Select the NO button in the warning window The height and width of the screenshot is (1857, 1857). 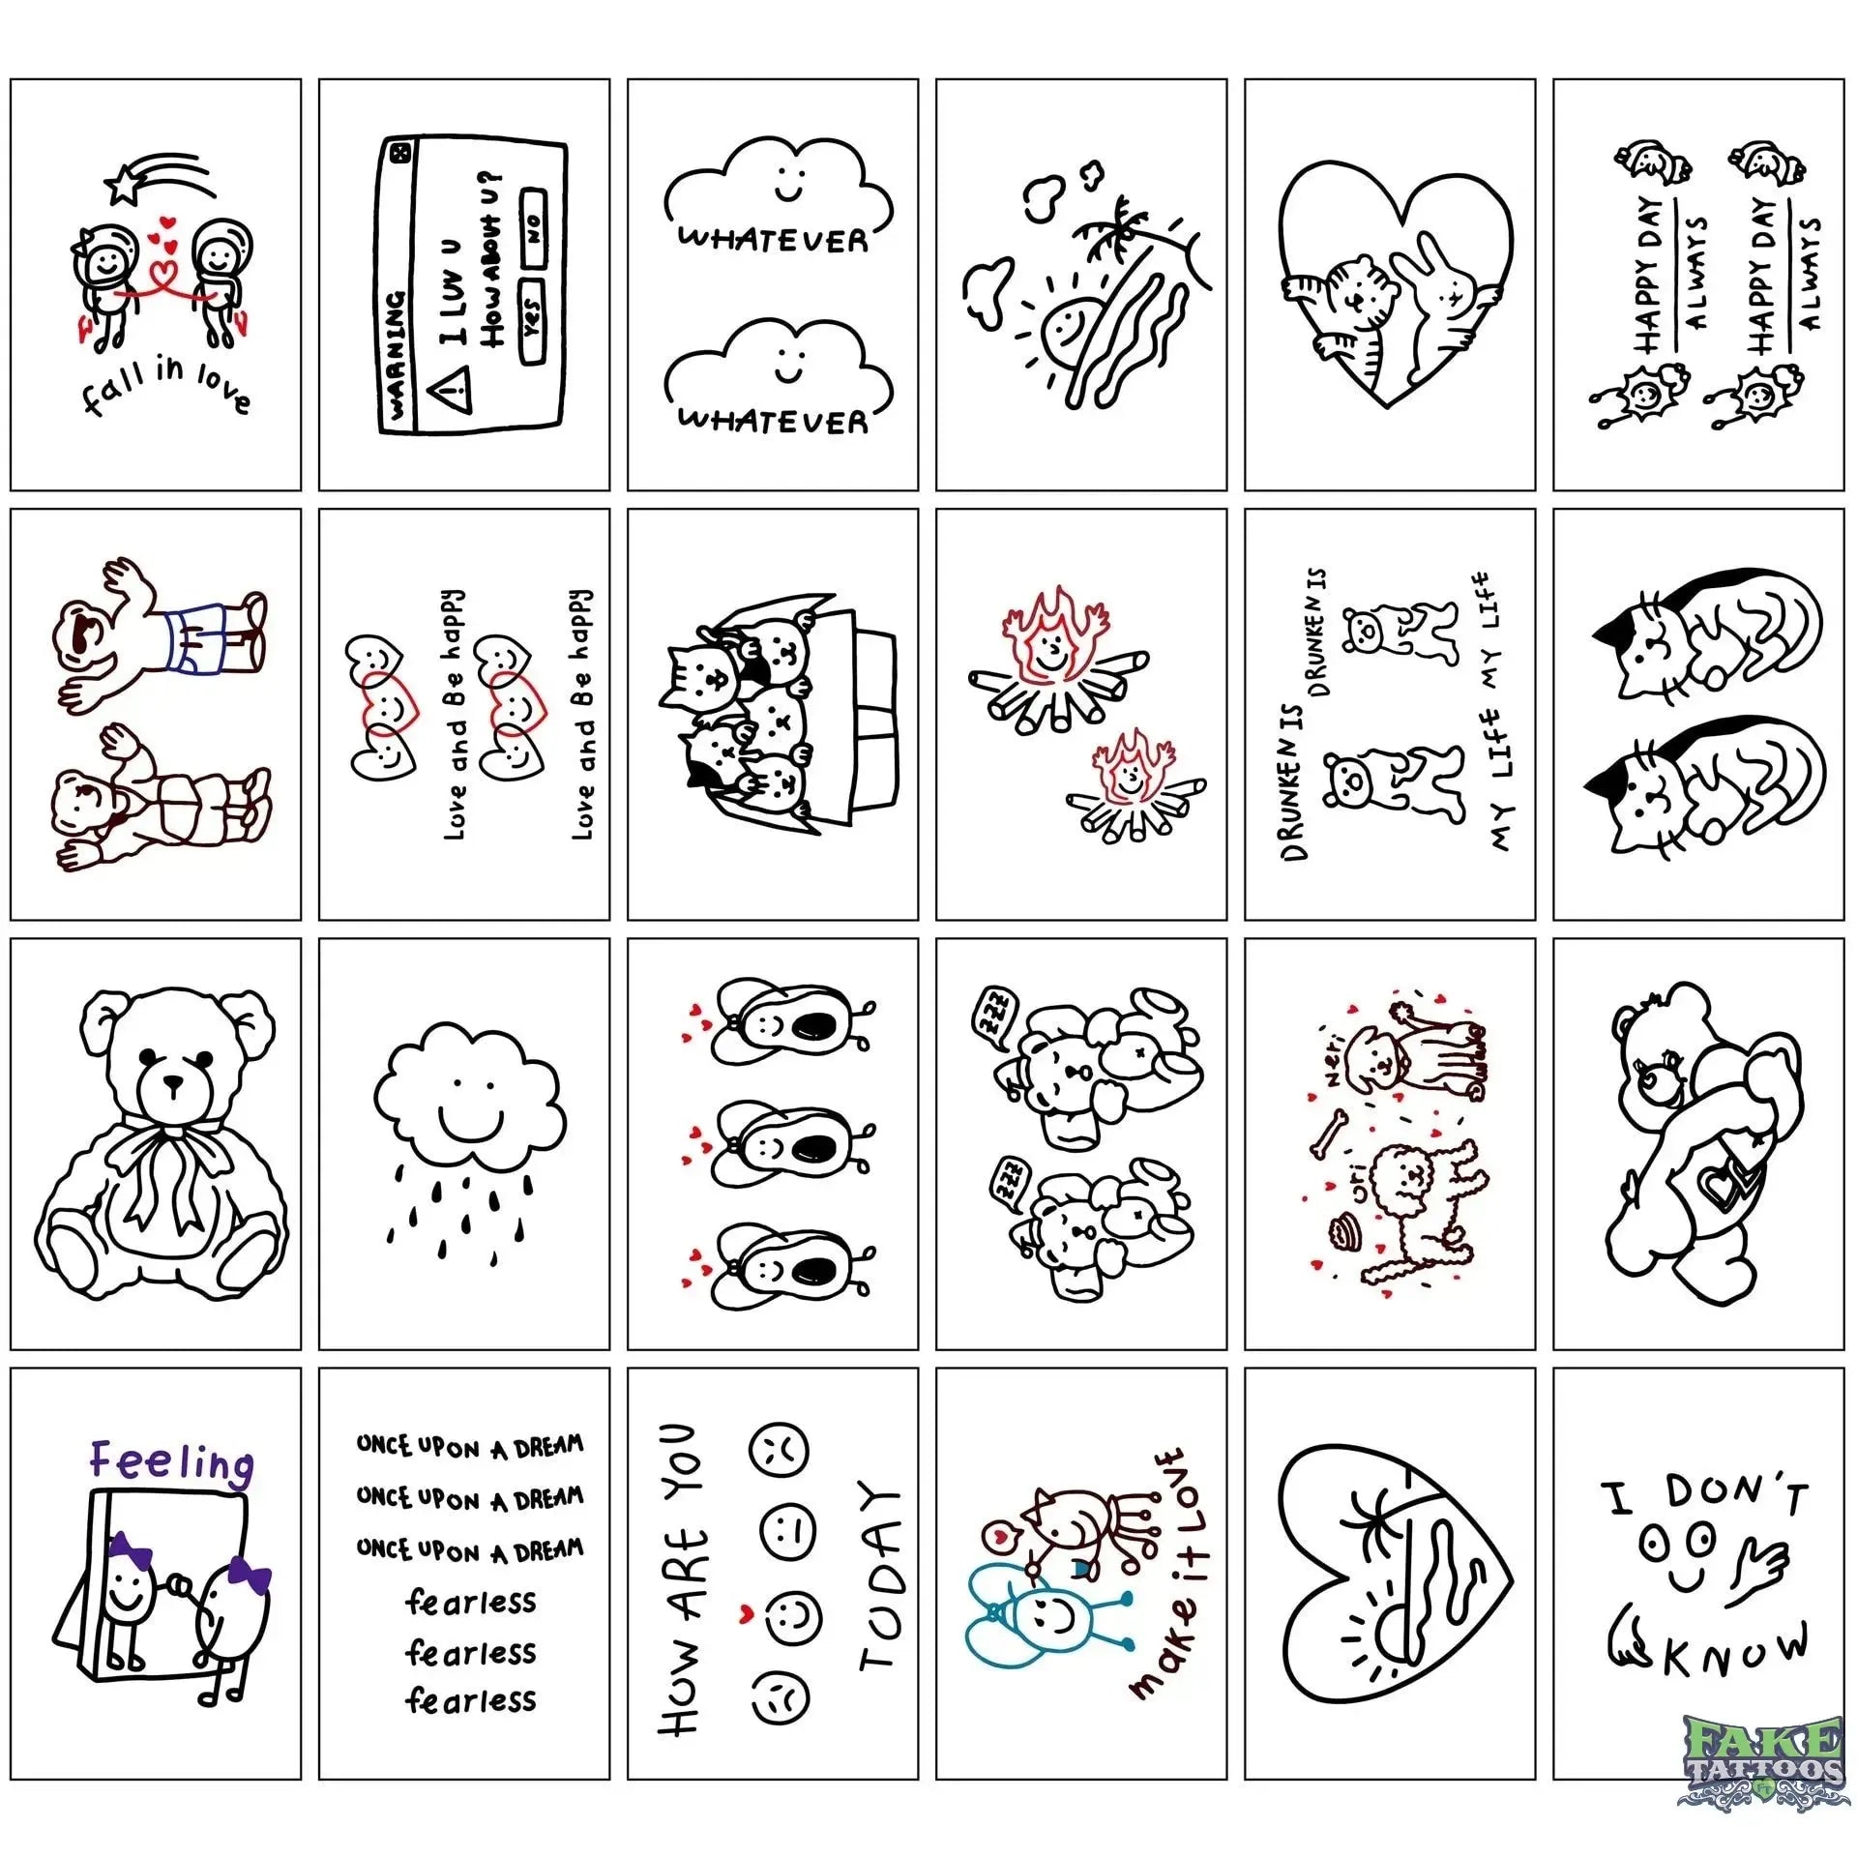pos(533,227)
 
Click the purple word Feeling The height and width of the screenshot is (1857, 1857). pos(171,1461)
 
